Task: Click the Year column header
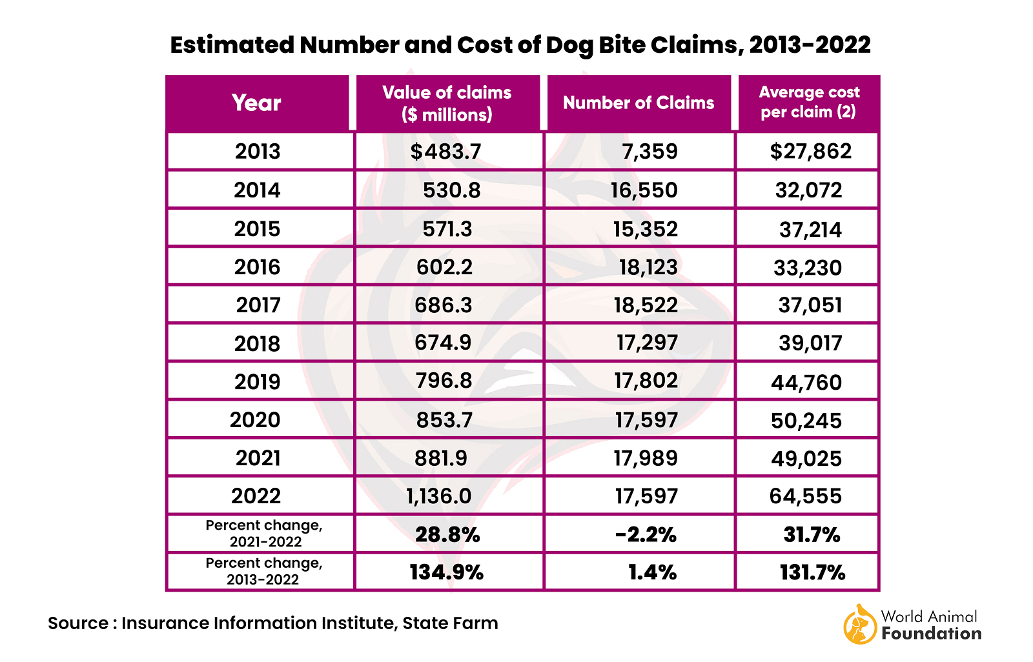click(x=256, y=103)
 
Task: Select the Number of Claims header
click(x=639, y=103)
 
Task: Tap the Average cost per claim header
click(x=808, y=103)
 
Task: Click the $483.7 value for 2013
click(x=446, y=152)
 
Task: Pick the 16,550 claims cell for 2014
click(x=644, y=190)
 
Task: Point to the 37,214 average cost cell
click(x=810, y=230)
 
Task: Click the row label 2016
click(x=257, y=267)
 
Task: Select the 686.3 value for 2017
click(x=444, y=305)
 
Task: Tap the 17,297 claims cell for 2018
click(x=647, y=343)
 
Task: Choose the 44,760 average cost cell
click(x=806, y=383)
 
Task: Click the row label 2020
click(x=256, y=420)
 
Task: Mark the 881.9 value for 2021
click(x=441, y=458)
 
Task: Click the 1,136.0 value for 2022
click(x=439, y=496)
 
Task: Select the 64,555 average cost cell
click(x=806, y=496)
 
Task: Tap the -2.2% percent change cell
click(x=646, y=535)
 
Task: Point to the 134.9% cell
click(x=446, y=572)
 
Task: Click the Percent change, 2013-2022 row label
click(x=263, y=571)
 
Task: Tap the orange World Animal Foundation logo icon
click(x=859, y=625)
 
